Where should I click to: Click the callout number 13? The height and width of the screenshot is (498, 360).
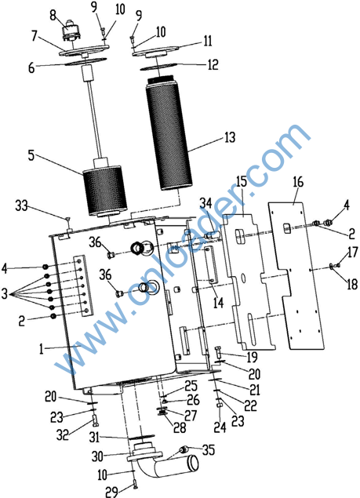click(x=230, y=137)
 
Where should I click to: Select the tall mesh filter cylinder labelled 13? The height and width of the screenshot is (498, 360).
click(x=169, y=134)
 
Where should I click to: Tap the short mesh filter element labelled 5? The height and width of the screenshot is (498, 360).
click(x=105, y=190)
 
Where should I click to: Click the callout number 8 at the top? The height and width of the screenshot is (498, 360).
click(x=53, y=15)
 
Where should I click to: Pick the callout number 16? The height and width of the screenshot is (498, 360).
click(x=298, y=182)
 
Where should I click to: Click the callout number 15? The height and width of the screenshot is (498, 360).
click(x=242, y=182)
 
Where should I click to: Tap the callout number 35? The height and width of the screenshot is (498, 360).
click(x=209, y=449)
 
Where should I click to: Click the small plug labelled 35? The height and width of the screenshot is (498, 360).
click(x=184, y=449)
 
